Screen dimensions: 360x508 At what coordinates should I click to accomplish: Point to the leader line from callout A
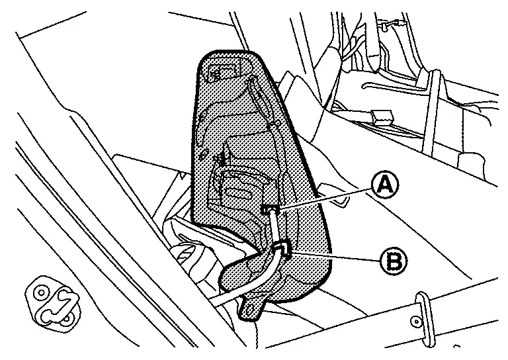point(324,198)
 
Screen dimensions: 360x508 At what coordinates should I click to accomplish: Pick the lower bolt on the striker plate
point(66,319)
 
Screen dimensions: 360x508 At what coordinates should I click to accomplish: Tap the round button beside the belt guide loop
point(416,322)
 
